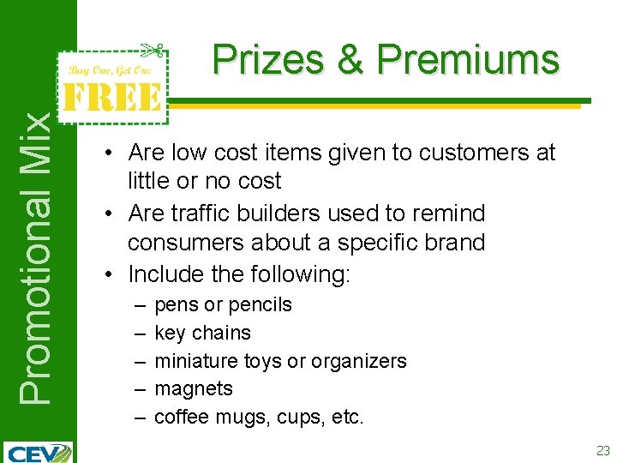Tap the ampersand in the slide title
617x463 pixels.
[350, 60]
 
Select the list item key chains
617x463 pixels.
[202, 333]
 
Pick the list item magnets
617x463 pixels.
[193, 388]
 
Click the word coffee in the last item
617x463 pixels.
[182, 417]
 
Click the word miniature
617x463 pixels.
[195, 361]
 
